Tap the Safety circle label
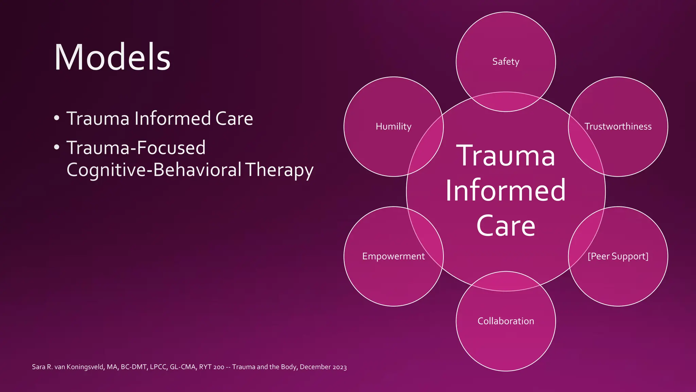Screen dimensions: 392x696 coord(506,62)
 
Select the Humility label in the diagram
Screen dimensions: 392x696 coord(394,127)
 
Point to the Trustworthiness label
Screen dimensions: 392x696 coord(618,127)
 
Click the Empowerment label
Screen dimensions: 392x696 coord(393,256)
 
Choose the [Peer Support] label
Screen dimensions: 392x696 coord(618,256)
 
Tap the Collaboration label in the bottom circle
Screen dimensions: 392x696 coord(506,321)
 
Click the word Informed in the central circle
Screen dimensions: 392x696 coord(506,191)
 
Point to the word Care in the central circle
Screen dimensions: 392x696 coord(506,226)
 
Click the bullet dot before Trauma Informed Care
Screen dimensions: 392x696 coord(57,119)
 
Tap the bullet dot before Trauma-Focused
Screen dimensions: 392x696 coord(57,148)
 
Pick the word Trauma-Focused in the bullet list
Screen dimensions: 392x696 coord(136,148)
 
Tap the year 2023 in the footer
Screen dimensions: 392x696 coord(340,367)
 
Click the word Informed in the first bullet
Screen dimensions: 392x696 coord(172,118)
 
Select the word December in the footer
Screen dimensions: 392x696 coord(315,367)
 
